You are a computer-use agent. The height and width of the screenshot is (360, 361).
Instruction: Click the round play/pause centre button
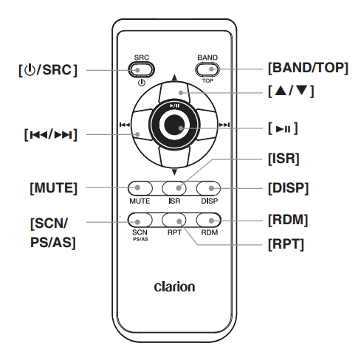[174, 127]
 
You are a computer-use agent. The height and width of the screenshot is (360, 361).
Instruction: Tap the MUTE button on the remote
[140, 188]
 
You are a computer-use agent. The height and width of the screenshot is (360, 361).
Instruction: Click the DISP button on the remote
[208, 188]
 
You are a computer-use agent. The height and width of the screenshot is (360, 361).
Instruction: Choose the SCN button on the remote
[140, 219]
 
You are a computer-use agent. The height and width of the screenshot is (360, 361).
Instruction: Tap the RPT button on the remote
[174, 219]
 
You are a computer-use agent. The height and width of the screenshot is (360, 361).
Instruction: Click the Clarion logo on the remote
[174, 286]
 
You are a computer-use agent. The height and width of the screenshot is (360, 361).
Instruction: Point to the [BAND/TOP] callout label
[307, 68]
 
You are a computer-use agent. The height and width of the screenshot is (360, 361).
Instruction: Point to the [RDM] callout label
[287, 219]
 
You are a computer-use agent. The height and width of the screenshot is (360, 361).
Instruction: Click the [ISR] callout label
[283, 158]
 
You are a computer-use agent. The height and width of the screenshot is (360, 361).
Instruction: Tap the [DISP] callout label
[288, 188]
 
